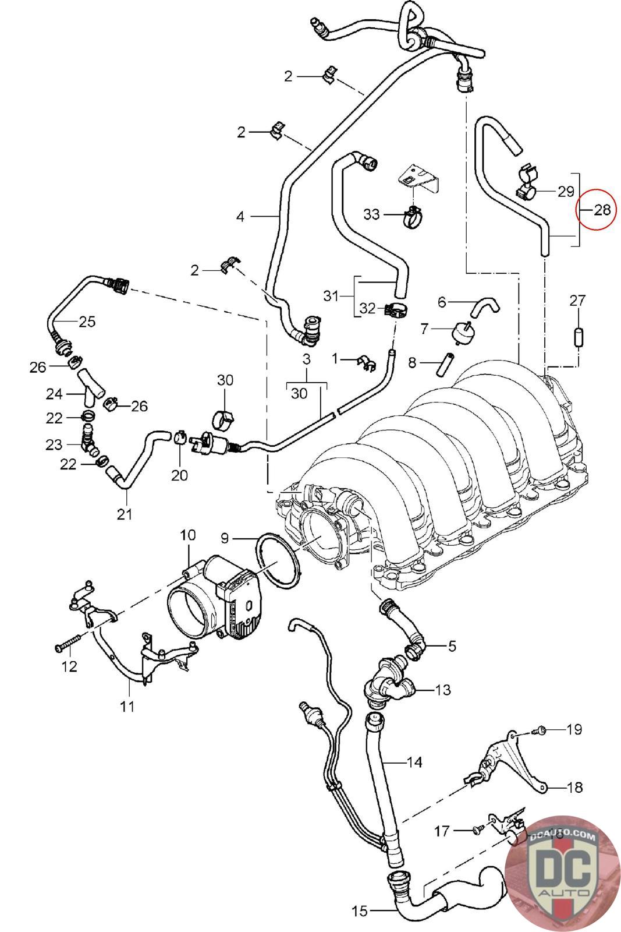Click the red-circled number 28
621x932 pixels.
[x=602, y=210]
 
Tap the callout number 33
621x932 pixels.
[x=371, y=214]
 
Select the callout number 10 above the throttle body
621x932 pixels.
[x=188, y=535]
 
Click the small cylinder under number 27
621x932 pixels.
[x=578, y=337]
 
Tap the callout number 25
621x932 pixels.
[x=87, y=322]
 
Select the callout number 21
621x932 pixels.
[x=125, y=514]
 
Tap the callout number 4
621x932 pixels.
[x=240, y=216]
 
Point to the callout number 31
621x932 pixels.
[x=331, y=296]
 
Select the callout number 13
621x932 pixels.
[x=443, y=690]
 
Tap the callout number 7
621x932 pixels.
[x=424, y=329]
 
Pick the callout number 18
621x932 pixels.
[x=575, y=787]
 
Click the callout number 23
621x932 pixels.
[x=54, y=445]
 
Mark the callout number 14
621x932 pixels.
[x=414, y=762]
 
